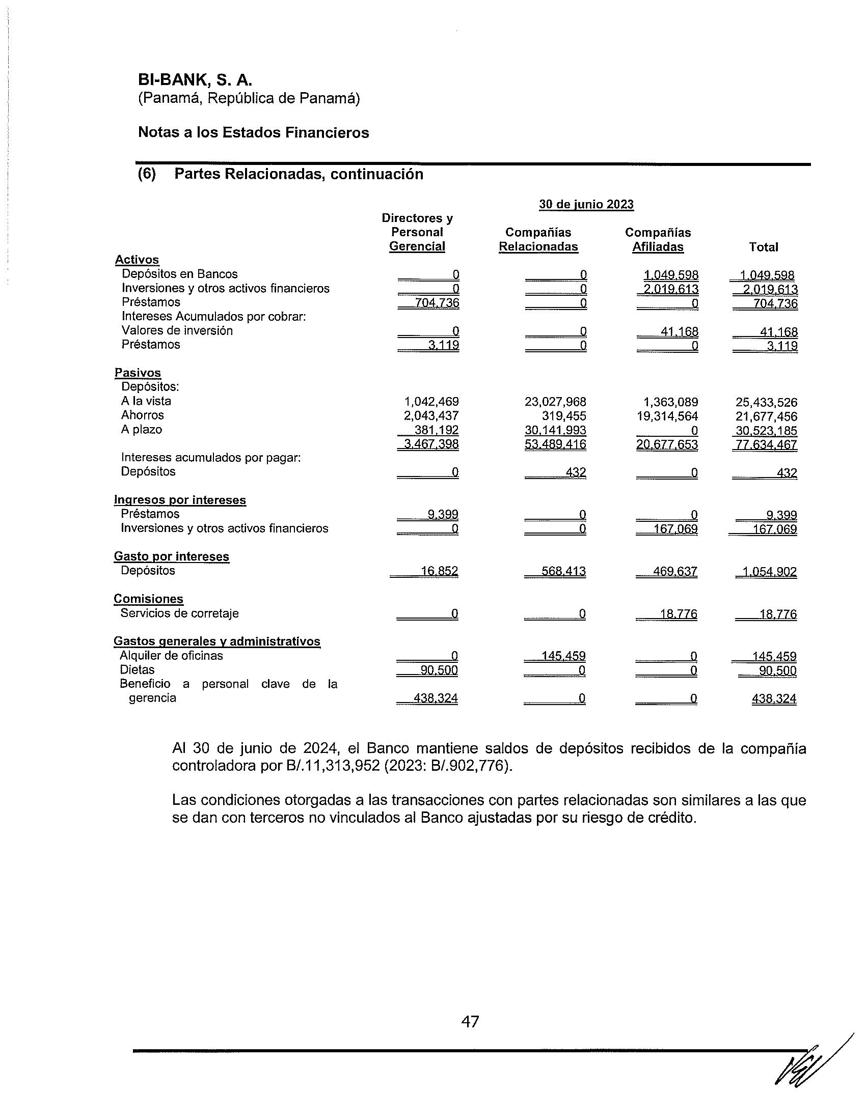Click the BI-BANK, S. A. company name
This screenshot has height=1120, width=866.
195,80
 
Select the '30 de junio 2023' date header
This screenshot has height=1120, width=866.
586,205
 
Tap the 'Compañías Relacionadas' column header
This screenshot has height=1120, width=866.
538,239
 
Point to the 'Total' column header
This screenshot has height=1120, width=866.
764,247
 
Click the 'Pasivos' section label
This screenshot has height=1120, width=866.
138,373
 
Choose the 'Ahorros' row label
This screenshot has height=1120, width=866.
142,415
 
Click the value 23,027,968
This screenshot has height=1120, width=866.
555,402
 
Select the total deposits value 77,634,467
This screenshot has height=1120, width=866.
767,444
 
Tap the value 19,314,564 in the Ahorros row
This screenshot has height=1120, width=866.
667,416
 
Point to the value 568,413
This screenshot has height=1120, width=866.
563,571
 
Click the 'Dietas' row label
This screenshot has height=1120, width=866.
137,670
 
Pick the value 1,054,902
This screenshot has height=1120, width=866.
768,572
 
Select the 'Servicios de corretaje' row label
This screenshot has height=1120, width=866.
179,613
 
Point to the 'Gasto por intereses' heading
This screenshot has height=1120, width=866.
171,556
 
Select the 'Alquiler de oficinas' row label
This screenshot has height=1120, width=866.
171,655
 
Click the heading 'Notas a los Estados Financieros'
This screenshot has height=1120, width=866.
254,133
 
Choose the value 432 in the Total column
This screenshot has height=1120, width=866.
787,473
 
